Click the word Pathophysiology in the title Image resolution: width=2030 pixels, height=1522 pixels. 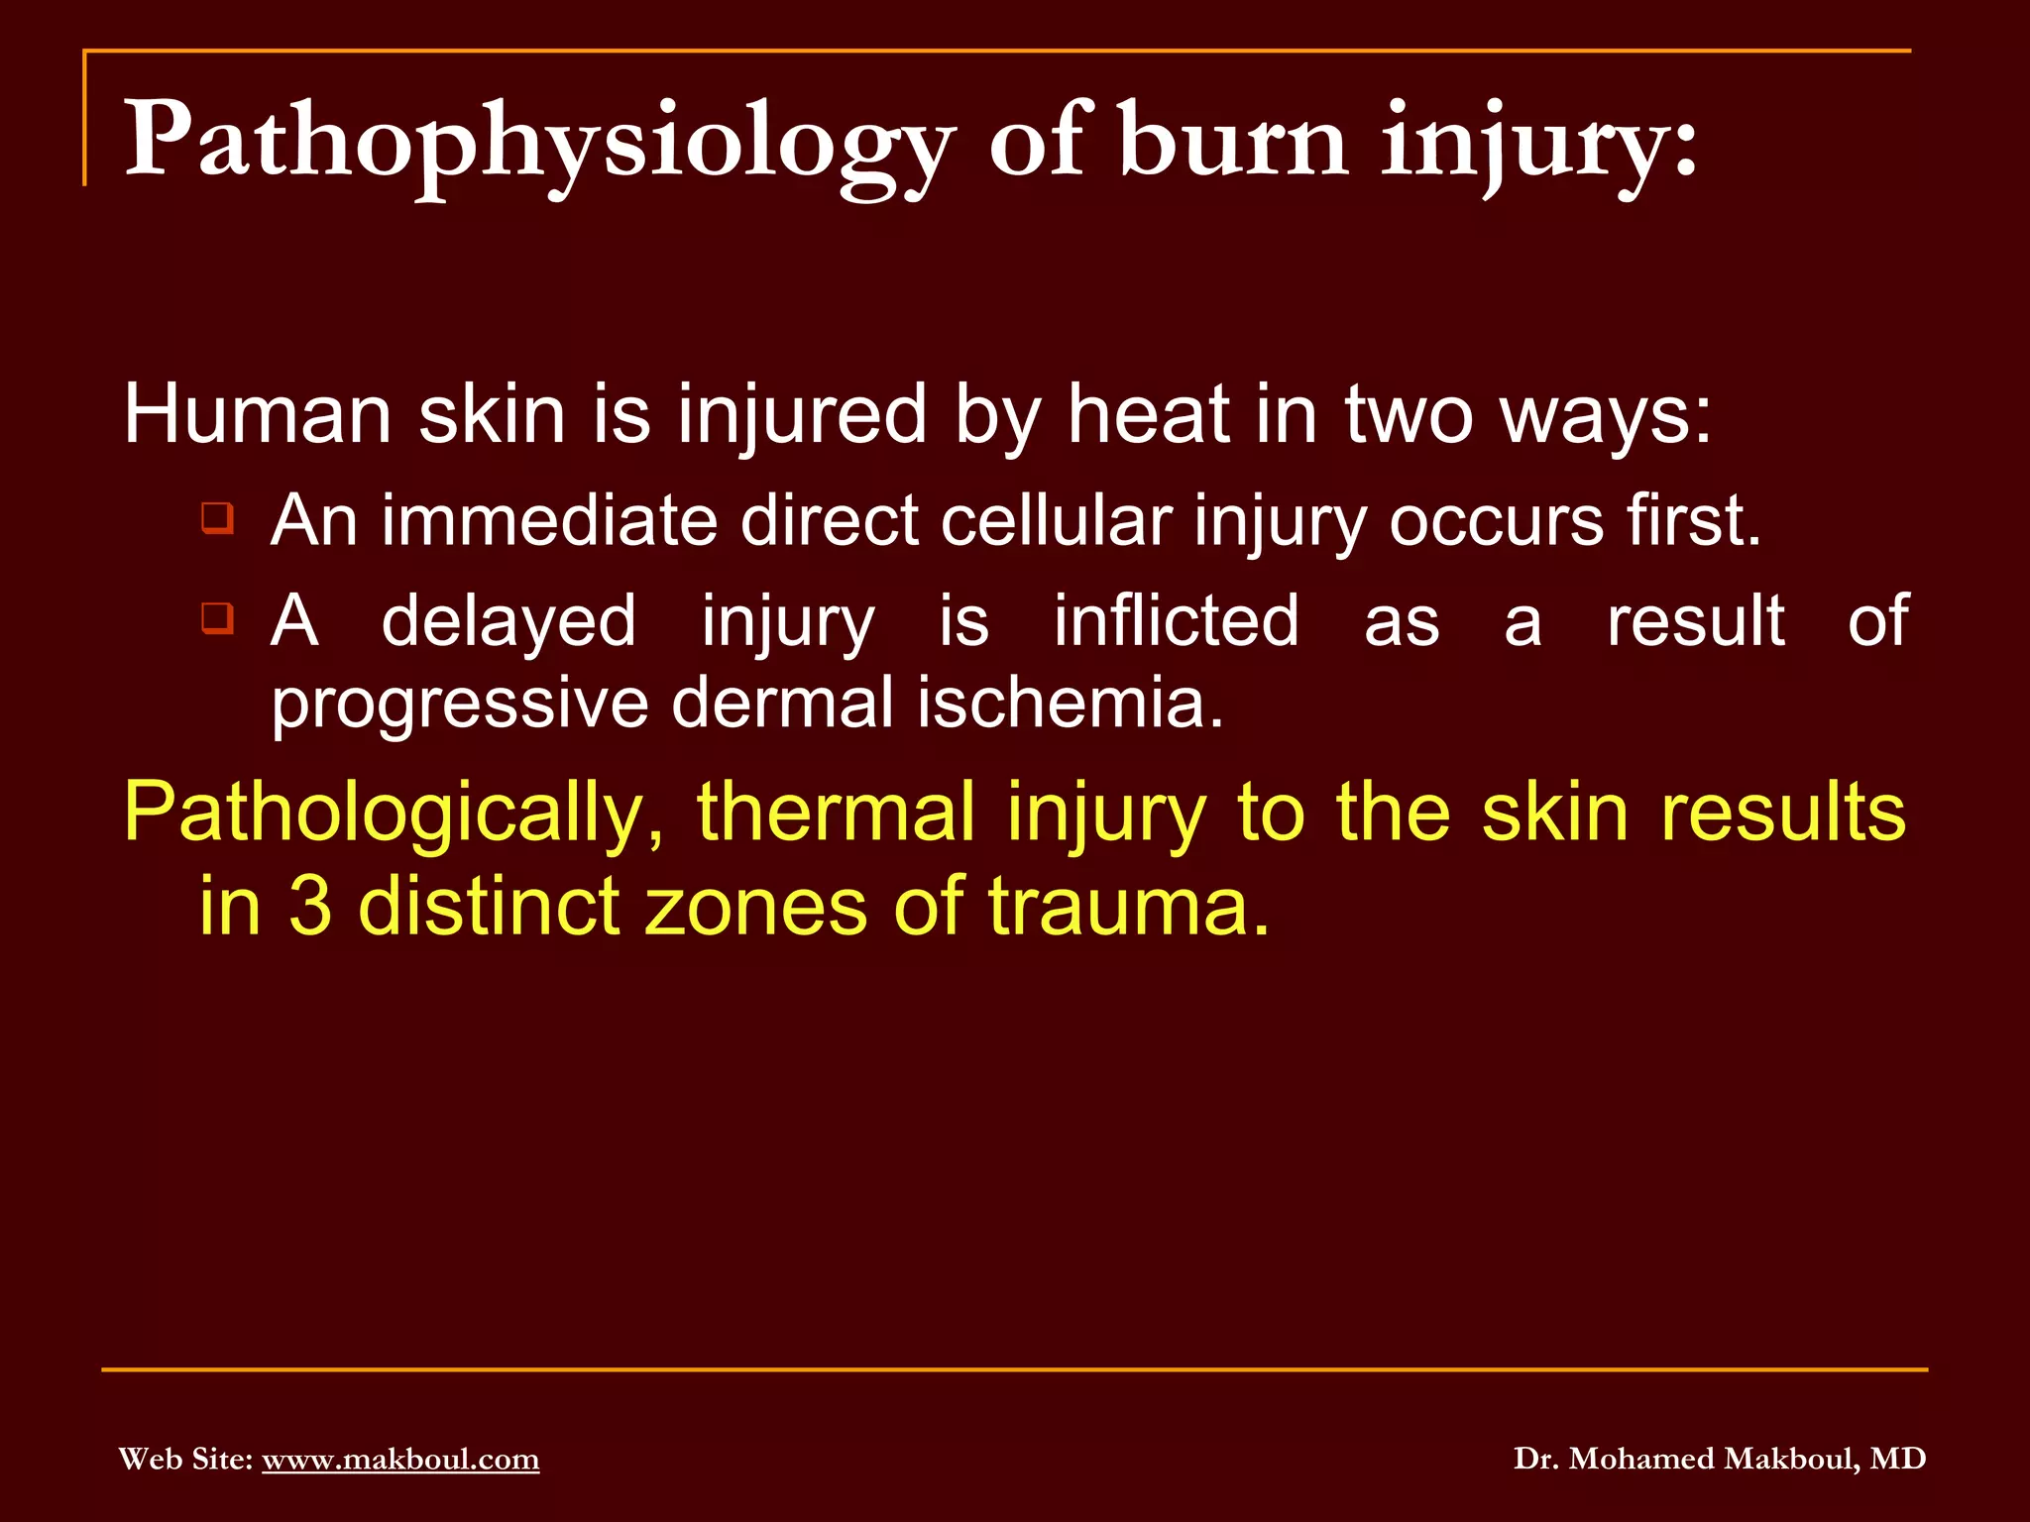[539, 141]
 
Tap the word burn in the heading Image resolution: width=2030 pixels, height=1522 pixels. [1233, 141]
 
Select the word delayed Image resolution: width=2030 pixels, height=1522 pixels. [508, 622]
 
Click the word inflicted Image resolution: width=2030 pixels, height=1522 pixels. [1176, 621]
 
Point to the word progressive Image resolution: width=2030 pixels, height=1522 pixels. [460, 704]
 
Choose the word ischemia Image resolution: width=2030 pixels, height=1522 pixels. [1070, 703]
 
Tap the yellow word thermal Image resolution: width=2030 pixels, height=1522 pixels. [836, 813]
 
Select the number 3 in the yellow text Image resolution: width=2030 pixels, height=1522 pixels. [310, 906]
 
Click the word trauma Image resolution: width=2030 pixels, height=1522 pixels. [1128, 906]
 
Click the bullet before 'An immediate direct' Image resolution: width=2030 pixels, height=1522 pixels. [217, 518]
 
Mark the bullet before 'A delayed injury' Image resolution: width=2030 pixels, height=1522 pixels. [217, 618]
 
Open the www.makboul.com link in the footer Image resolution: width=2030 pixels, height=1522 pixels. [400, 1459]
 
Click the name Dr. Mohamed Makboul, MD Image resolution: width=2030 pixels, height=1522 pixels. [1720, 1459]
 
